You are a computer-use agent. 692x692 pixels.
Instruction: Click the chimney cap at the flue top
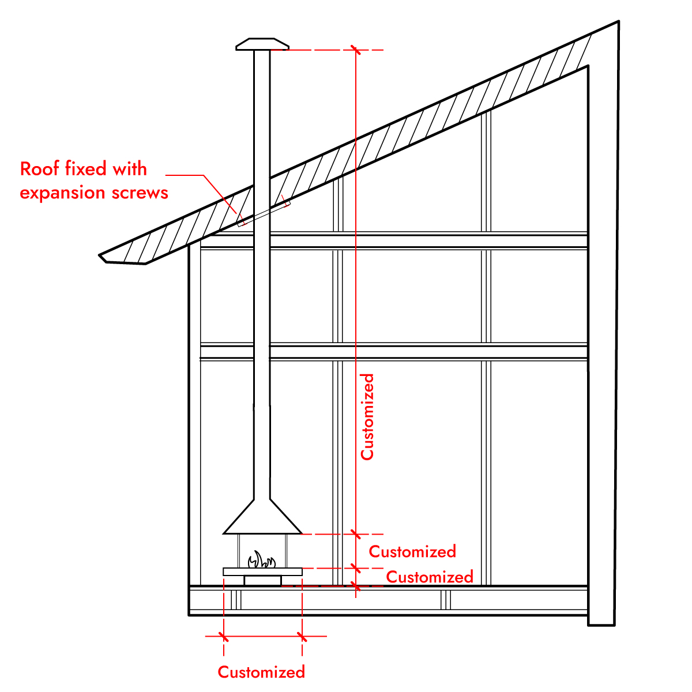[x=262, y=44]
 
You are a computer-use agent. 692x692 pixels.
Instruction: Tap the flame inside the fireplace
[x=262, y=559]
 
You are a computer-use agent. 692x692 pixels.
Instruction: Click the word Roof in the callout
[x=40, y=169]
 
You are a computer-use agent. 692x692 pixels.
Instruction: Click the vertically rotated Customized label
[x=367, y=417]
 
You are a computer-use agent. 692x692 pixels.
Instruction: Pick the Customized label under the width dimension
[x=261, y=672]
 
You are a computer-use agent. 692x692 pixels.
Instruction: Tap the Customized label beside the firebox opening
[x=412, y=552]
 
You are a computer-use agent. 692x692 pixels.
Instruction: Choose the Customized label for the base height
[x=430, y=577]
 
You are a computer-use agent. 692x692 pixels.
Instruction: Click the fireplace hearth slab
[x=262, y=571]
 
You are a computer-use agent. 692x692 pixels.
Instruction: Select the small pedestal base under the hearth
[x=262, y=581]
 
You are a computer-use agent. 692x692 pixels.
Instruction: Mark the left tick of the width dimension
[x=223, y=637]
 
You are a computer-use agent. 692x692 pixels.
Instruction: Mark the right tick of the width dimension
[x=302, y=637]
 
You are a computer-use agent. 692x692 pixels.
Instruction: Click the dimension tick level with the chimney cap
[x=356, y=50]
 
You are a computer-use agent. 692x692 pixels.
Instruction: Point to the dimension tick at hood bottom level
[x=356, y=535]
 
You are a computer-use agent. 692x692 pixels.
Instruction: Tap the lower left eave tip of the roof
[x=99, y=255]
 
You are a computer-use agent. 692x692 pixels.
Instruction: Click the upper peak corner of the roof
[x=618, y=21]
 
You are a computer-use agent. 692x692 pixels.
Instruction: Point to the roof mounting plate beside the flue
[x=264, y=215]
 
